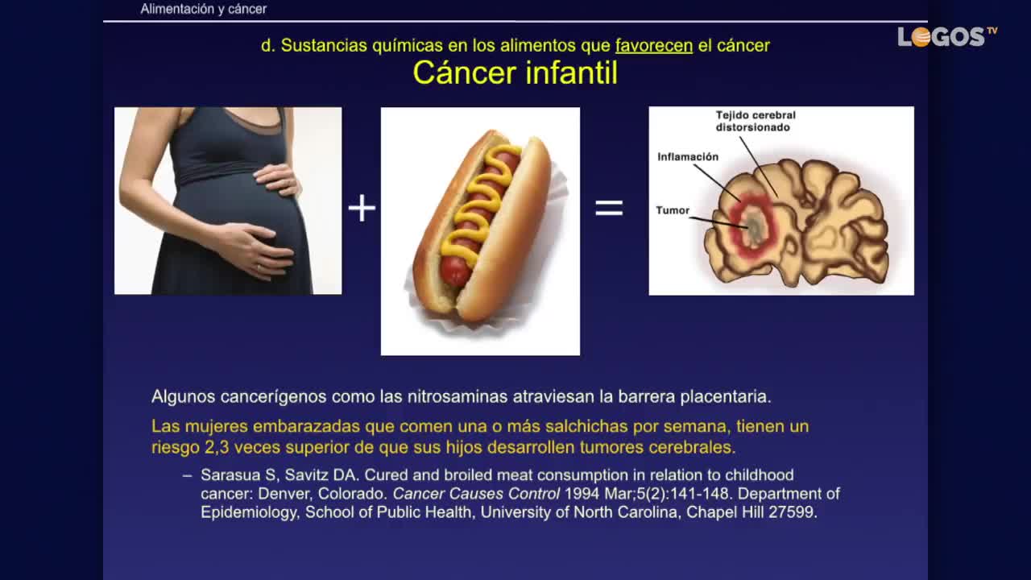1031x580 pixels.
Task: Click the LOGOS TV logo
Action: tap(947, 37)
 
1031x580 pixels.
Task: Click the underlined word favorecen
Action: tap(653, 46)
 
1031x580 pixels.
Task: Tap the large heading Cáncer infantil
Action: tap(515, 72)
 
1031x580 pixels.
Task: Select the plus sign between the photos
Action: tap(362, 208)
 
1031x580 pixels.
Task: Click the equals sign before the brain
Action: tap(609, 208)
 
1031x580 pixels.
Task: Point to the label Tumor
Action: tap(673, 210)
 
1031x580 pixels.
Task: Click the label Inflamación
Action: tap(688, 157)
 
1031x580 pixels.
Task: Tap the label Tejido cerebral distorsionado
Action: tap(756, 121)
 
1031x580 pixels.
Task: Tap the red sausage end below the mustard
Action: tap(454, 272)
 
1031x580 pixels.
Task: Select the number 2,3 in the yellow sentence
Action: tap(217, 447)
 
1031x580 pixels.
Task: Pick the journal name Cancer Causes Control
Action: tap(476, 494)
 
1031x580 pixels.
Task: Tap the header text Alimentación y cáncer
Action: tap(204, 9)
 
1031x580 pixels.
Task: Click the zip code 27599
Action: tap(791, 512)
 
